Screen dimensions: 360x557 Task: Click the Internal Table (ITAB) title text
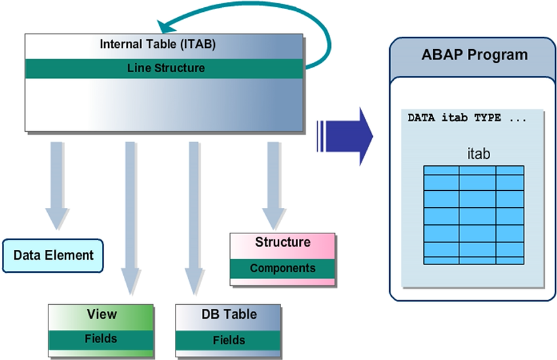pyautogui.click(x=157, y=45)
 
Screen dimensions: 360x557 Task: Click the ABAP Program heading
pyautogui.click(x=474, y=54)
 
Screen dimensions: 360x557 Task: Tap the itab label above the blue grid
pyautogui.click(x=478, y=154)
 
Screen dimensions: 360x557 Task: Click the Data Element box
pyautogui.click(x=53, y=256)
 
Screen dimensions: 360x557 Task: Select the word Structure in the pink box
pyautogui.click(x=282, y=243)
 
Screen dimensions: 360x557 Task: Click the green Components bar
pyautogui.click(x=282, y=268)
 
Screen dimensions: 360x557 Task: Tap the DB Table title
pyautogui.click(x=229, y=315)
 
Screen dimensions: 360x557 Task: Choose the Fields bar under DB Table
pyautogui.click(x=229, y=340)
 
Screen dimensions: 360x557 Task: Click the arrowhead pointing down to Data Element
pyautogui.click(x=57, y=218)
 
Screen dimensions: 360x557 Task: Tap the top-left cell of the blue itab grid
pyautogui.click(x=441, y=170)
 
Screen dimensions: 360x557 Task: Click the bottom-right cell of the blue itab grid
pyautogui.click(x=510, y=260)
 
